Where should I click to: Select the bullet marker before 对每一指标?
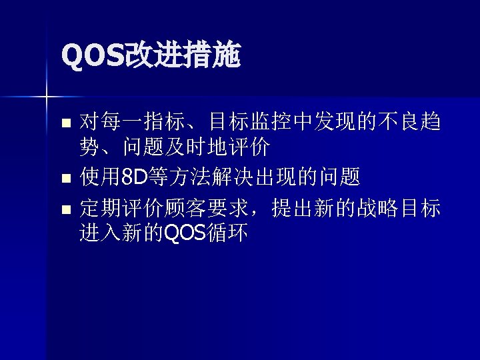pos(65,123)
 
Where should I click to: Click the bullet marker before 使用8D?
pos(65,179)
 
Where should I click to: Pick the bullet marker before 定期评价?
pos(65,210)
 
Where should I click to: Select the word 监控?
pos(273,122)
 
